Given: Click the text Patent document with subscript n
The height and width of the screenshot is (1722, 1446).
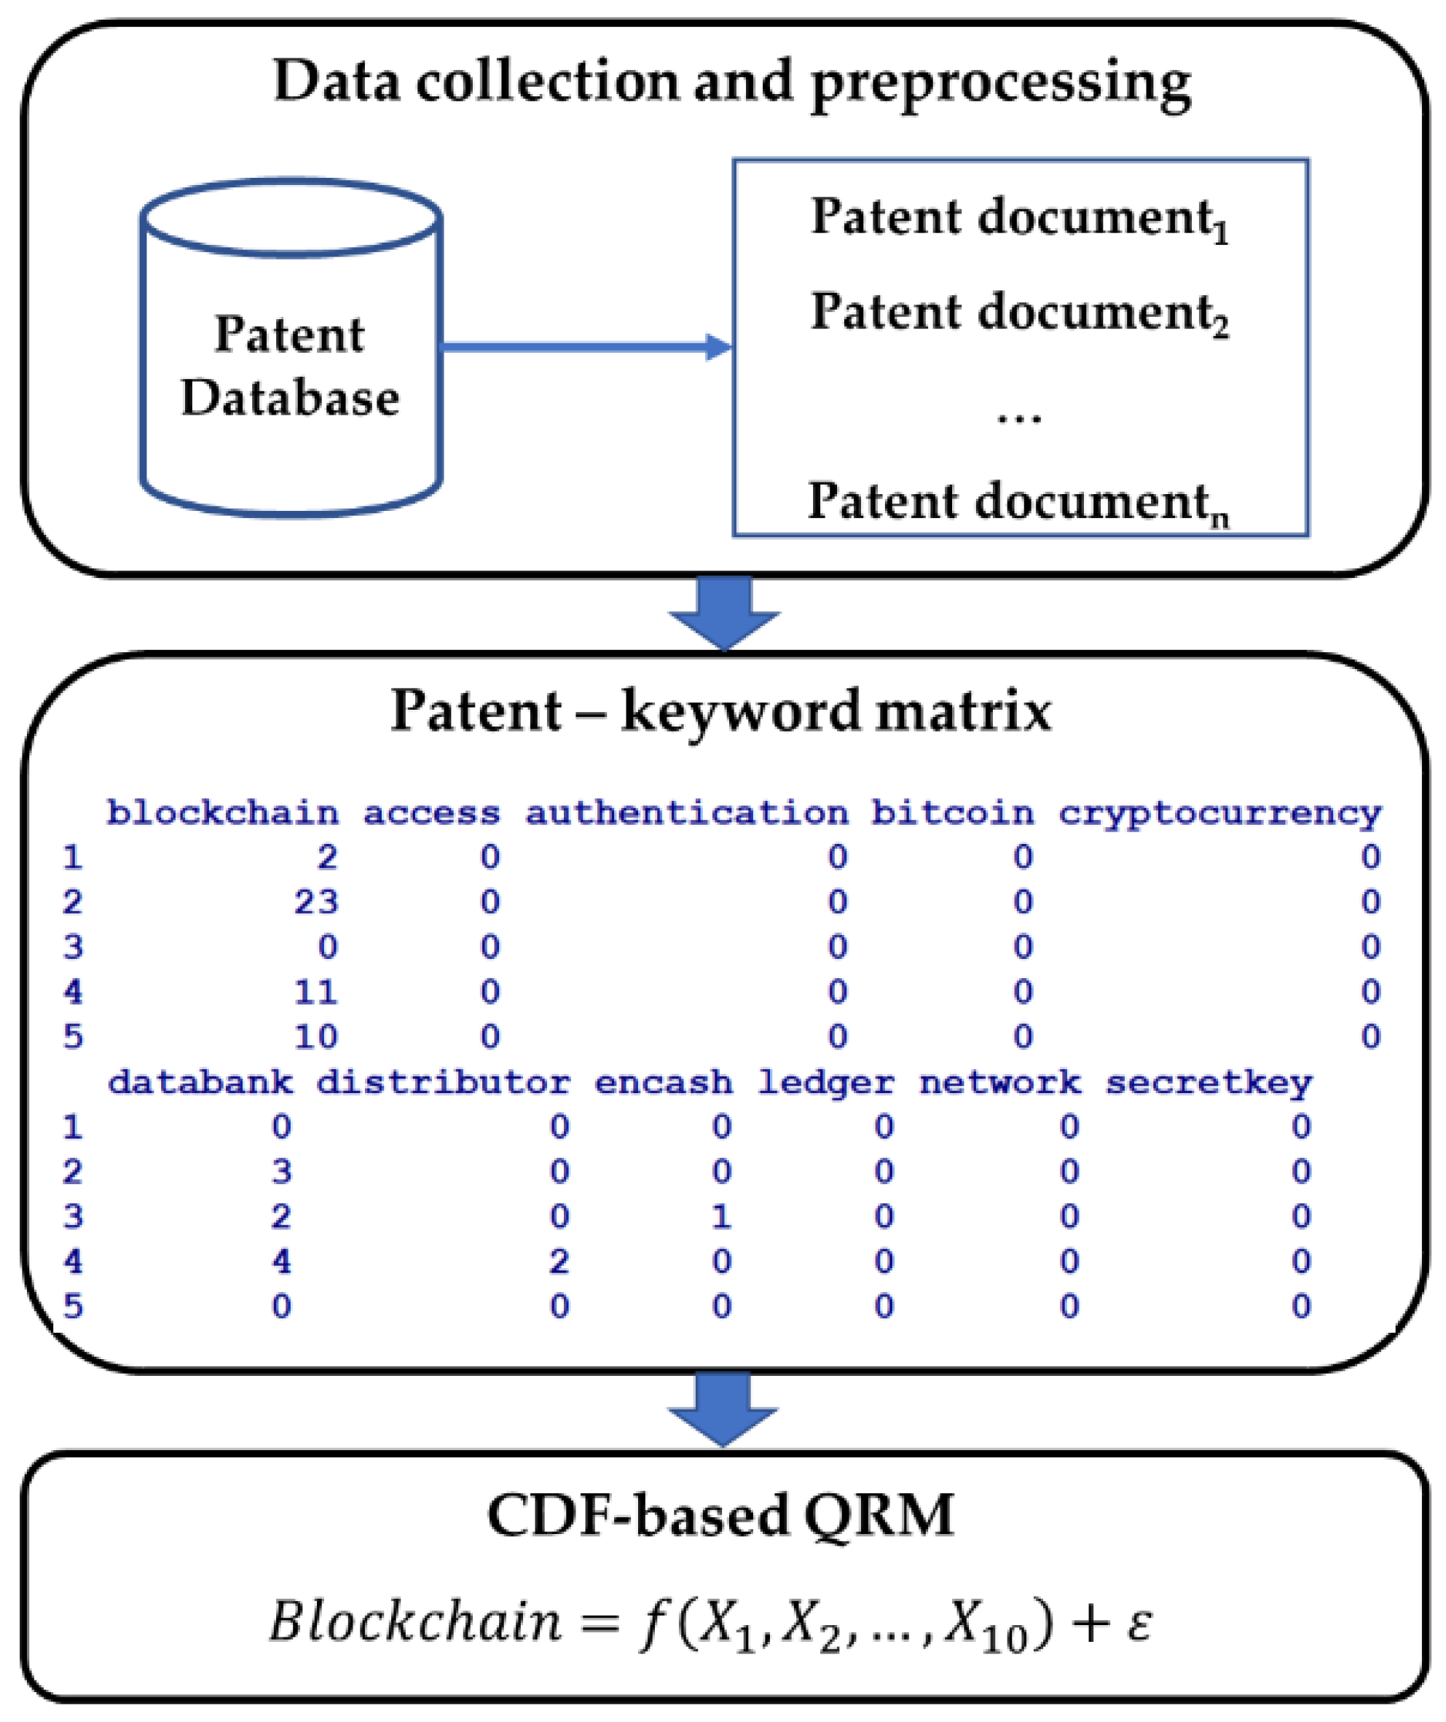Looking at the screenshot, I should pos(1017,502).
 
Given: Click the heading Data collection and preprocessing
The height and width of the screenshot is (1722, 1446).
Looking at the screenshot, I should pos(731,82).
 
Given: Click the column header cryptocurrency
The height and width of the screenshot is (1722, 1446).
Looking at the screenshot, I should pos(1219,813).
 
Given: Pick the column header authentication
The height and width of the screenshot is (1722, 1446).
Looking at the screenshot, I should pos(686,813).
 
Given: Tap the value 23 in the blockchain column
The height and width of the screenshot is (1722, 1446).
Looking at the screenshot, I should pos(316,902).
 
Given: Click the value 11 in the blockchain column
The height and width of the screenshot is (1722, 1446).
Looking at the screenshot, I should pos(316,993).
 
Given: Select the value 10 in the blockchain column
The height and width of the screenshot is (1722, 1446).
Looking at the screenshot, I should pos(316,1037).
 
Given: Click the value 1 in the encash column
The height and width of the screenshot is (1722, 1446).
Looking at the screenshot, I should pos(721,1216).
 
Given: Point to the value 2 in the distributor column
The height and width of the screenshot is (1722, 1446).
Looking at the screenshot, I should pos(559,1261).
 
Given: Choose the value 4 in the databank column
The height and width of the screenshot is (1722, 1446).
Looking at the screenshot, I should pos(281,1261).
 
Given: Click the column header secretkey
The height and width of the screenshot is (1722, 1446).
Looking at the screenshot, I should pos(1209,1082).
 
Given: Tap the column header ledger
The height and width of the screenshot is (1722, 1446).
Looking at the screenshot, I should pos(825,1082).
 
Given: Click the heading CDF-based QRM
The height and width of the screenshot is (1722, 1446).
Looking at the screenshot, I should pos(720,1515).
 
